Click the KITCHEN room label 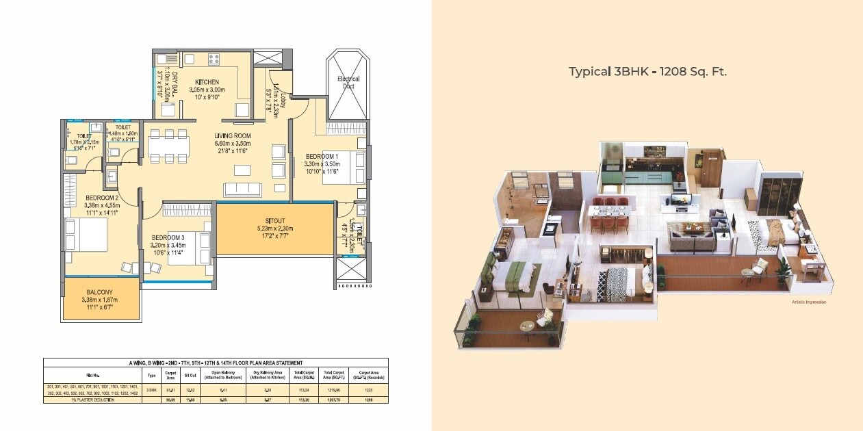pyautogui.click(x=206, y=81)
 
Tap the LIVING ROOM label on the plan pyautogui.click(x=233, y=135)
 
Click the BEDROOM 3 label pyautogui.click(x=168, y=237)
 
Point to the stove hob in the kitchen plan pyautogui.click(x=214, y=59)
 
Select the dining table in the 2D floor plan pyautogui.click(x=168, y=146)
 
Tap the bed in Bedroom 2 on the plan pyautogui.click(x=86, y=236)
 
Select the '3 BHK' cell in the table pyautogui.click(x=151, y=389)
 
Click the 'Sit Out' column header pyautogui.click(x=191, y=375)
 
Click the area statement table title pyautogui.click(x=216, y=363)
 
